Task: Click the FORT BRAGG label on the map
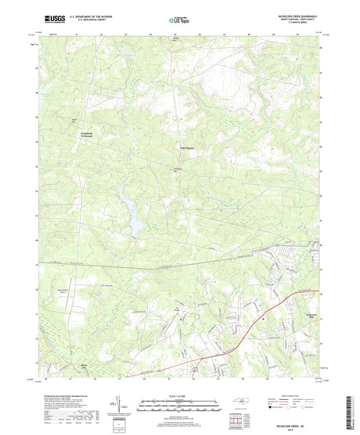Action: tap(188, 148)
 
